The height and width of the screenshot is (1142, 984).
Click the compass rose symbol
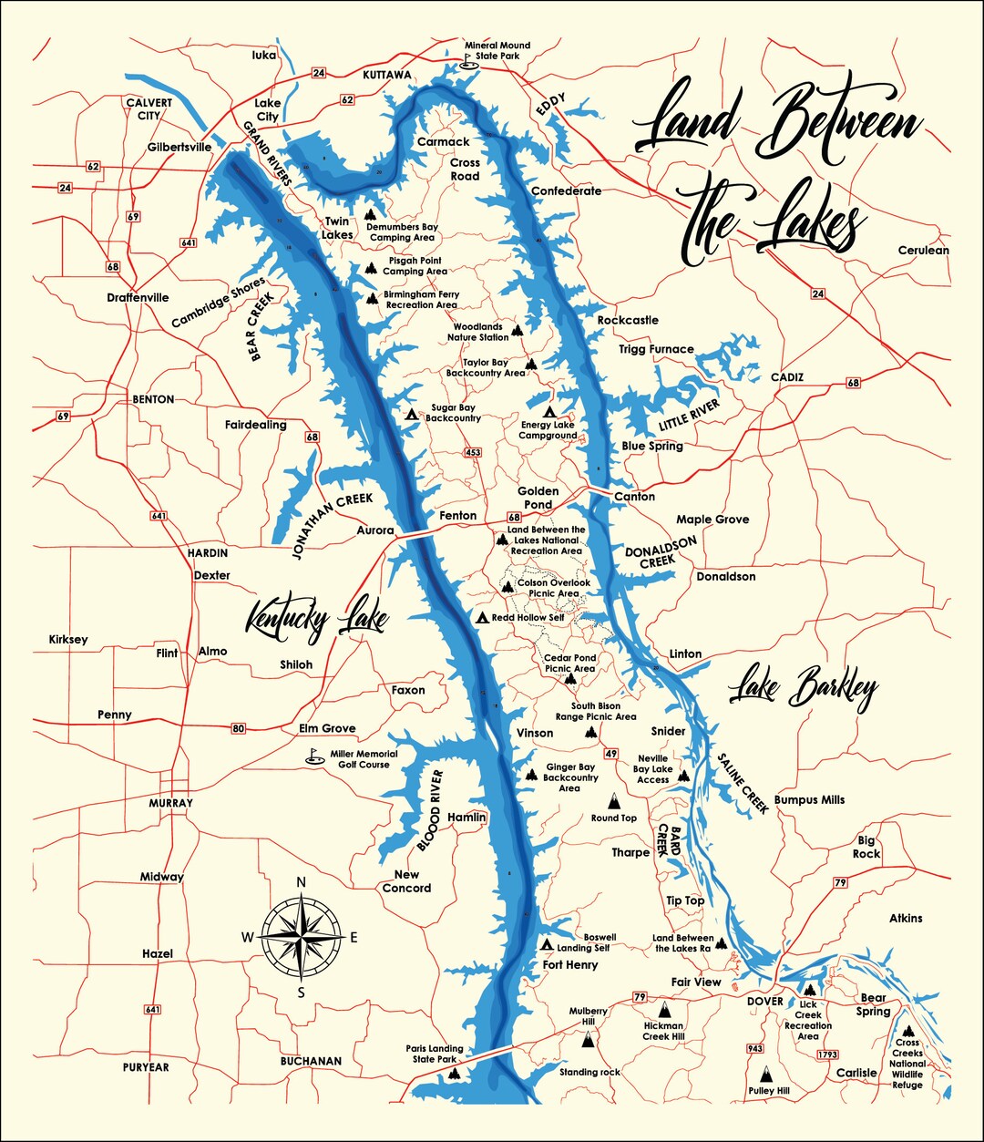point(302,936)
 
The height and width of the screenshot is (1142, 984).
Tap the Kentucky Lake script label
point(317,620)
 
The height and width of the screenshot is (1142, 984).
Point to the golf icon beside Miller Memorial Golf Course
point(313,757)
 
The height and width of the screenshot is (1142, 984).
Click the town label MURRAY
point(171,803)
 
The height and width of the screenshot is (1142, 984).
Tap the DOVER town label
point(764,1001)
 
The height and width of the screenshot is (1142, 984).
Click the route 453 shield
point(472,453)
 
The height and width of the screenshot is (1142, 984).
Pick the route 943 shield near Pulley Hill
point(754,1048)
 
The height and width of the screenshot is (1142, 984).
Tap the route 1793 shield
point(827,1055)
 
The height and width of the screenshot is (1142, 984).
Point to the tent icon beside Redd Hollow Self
point(482,618)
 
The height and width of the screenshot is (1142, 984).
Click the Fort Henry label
point(570,964)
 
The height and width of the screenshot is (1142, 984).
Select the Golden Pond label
point(538,498)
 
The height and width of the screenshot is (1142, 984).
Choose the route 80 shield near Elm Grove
point(239,728)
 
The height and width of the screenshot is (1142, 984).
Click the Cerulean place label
point(923,250)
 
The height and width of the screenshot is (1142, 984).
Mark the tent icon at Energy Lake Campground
point(549,412)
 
